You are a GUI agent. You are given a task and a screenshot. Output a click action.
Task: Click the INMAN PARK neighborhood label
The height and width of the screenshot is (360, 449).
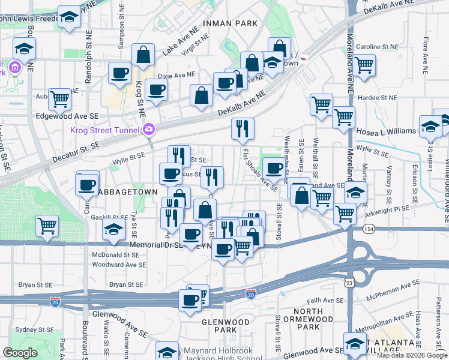(230, 23)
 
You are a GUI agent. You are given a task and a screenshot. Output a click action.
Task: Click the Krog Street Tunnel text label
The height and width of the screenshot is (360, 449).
(104, 130)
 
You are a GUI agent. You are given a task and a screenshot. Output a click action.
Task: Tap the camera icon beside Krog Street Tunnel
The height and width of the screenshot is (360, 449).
(149, 129)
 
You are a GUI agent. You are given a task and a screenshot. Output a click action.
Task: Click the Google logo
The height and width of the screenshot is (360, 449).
(20, 353)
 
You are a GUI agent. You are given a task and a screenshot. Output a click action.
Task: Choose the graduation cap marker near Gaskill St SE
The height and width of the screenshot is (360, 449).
(113, 229)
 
